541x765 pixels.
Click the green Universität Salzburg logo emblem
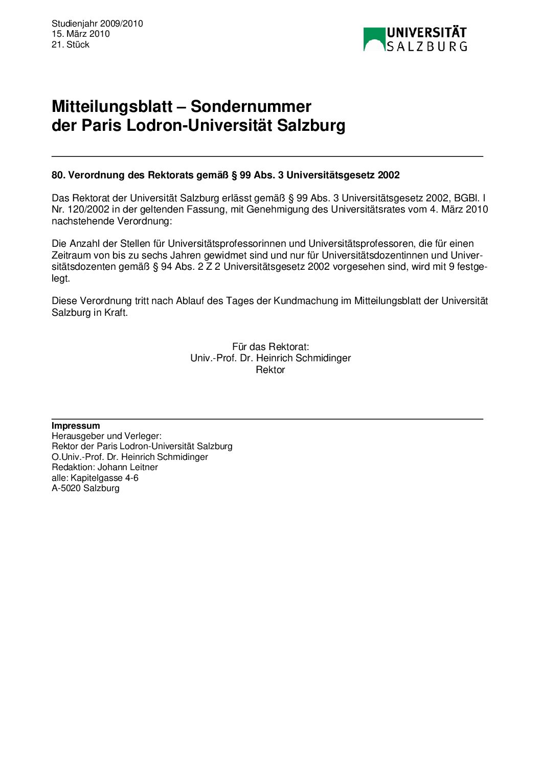point(374,39)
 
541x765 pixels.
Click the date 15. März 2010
point(80,34)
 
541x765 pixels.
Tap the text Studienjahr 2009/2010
point(97,24)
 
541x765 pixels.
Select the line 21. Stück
point(70,44)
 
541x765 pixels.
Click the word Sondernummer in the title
point(251,106)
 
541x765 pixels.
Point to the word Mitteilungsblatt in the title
point(112,106)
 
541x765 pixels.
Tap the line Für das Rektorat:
point(270,347)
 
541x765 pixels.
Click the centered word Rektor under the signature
point(270,370)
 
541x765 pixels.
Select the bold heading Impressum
point(76,426)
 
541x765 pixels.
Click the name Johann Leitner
point(128,467)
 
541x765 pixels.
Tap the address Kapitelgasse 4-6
point(104,478)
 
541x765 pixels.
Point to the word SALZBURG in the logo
point(426,47)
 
